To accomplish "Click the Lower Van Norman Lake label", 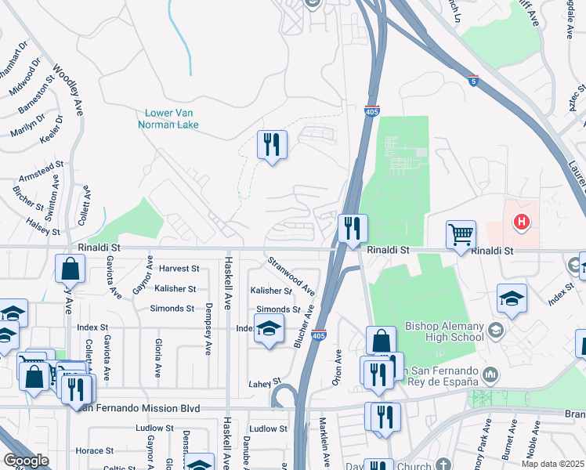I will point(168,118).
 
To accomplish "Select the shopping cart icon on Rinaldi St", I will point(461,234).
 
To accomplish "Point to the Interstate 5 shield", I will point(473,80).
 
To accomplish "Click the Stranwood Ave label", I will point(292,273).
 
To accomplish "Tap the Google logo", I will point(26,460).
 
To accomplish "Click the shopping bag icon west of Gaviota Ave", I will point(70,269).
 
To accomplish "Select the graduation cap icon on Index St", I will point(268,331).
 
